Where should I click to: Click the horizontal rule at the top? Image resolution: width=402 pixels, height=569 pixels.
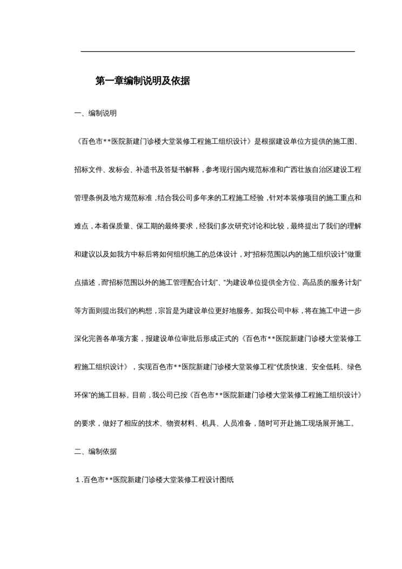[218, 51]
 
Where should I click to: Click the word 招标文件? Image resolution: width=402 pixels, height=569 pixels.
[88, 170]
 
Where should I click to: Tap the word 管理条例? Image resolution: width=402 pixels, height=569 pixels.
[88, 198]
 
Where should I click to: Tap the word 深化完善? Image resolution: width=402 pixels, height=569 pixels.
[88, 339]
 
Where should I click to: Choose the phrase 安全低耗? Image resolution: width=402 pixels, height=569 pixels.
[319, 367]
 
